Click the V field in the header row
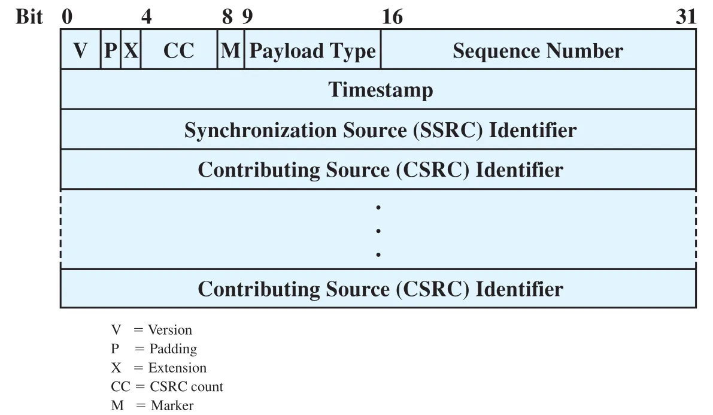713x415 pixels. (80, 50)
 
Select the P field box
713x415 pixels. (111, 50)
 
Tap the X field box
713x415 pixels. (131, 50)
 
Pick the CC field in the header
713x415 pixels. (179, 50)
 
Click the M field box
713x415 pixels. (230, 50)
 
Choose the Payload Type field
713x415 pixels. (312, 50)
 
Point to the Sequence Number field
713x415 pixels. (538, 50)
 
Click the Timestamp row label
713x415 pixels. (381, 90)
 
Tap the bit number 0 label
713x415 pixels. (67, 17)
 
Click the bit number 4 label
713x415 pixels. (147, 17)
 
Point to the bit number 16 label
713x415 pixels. (392, 17)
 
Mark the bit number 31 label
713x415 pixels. (685, 17)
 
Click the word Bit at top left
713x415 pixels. (29, 17)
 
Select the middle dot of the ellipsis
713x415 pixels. (378, 231)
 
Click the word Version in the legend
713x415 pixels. (169, 329)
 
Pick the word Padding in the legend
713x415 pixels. (173, 349)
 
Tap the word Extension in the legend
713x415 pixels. (177, 367)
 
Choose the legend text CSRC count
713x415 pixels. (186, 386)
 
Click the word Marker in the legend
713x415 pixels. (172, 405)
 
